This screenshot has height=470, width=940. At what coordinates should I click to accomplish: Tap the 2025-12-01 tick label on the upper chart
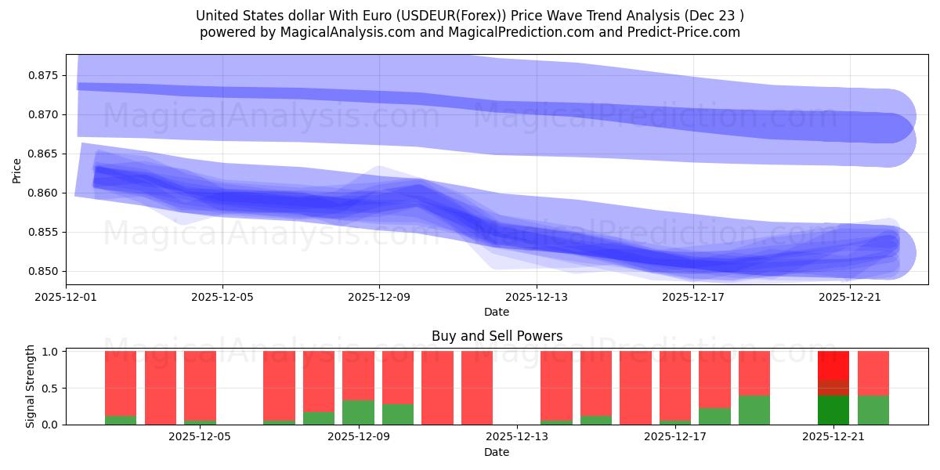[x=66, y=297]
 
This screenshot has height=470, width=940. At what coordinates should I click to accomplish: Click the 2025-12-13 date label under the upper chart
[x=536, y=297]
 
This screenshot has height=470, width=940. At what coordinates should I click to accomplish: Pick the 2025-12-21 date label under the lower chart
[x=833, y=436]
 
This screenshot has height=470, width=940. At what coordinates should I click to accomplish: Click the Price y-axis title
[x=17, y=169]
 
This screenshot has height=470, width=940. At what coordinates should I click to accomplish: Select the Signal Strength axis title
[x=31, y=386]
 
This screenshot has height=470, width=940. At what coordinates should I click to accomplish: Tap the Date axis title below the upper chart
[x=496, y=312]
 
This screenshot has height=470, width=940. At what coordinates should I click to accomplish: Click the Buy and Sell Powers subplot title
[x=497, y=336]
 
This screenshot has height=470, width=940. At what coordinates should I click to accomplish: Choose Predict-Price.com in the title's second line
[x=687, y=32]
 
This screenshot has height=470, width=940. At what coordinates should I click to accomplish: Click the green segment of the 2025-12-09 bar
[x=358, y=413]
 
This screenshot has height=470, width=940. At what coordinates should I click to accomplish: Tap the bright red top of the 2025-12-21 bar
[x=833, y=365]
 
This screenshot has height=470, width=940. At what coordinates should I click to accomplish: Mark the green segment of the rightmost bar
[x=873, y=410]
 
